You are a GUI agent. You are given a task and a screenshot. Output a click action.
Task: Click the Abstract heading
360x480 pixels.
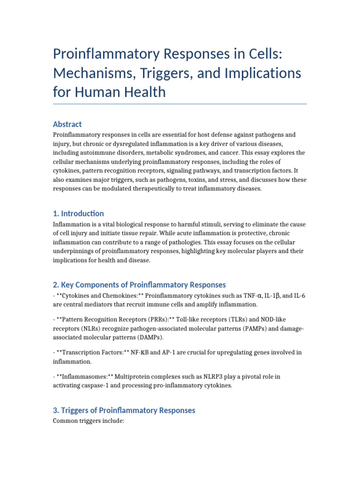coord(67,124)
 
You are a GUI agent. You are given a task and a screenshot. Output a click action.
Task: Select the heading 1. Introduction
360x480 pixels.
coord(79,213)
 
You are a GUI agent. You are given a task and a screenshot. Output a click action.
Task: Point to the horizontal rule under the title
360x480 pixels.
coord(180,104)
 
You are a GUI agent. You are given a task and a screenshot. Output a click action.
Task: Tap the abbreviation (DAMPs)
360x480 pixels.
coord(151,337)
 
